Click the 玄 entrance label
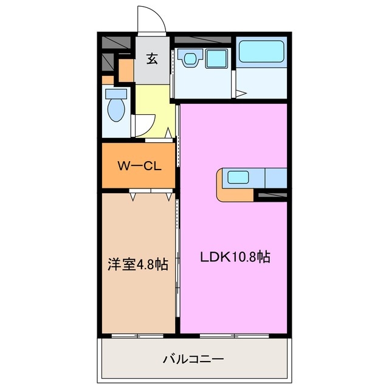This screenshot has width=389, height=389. click(151, 59)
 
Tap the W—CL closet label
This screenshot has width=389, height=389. click(139, 166)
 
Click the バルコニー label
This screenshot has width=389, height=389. click(193, 359)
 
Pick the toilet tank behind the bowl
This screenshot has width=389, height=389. click(115, 94)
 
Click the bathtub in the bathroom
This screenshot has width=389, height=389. click(260, 52)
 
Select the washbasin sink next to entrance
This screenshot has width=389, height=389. click(190, 59)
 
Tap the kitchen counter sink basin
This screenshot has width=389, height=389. click(238, 178)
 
